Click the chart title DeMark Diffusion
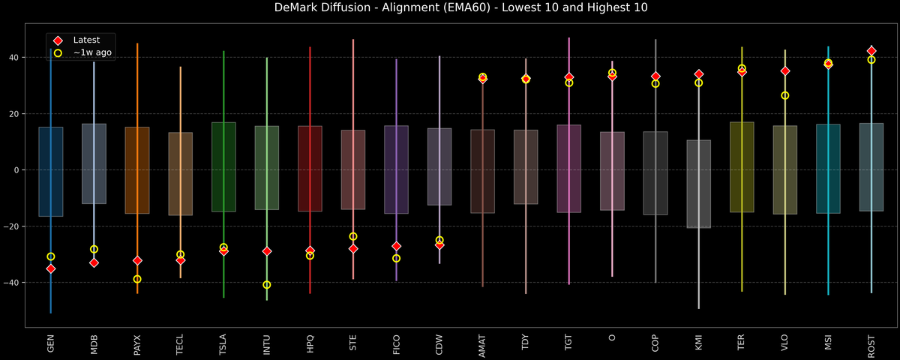pos(450,8)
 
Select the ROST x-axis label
pos(871,343)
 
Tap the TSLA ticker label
pos(223,343)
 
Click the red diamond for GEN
pos(51,268)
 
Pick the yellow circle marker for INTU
pos(267,285)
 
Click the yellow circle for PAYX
pos(137,279)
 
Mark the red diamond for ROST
pos(871,51)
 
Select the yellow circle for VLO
pos(785,95)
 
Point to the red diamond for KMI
pos(699,74)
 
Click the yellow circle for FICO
pos(397,258)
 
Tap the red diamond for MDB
pos(94,262)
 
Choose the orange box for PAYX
pos(137,170)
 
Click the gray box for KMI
pos(699,184)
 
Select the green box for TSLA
pos(223,166)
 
